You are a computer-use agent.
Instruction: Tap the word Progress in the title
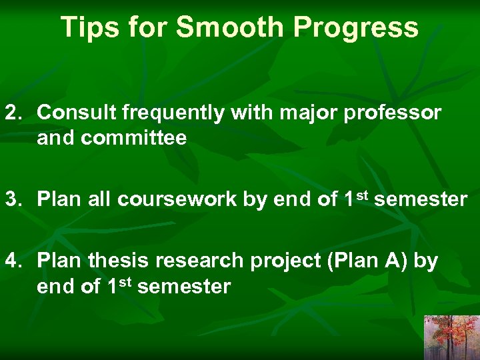click(x=356, y=27)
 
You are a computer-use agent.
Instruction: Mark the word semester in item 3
click(x=421, y=199)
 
